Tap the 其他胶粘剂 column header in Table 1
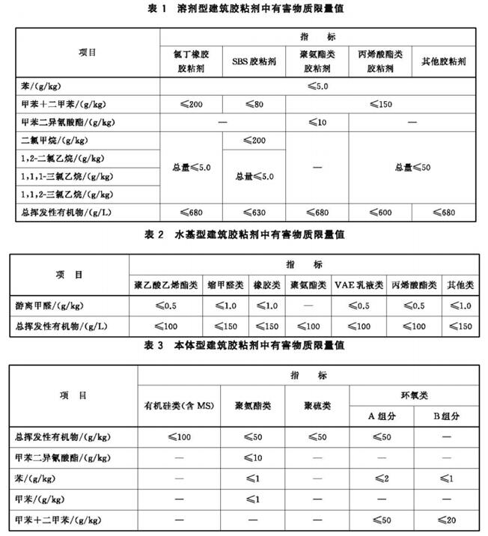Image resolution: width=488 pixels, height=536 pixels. (445, 60)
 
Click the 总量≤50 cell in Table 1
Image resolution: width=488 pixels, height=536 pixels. (413, 167)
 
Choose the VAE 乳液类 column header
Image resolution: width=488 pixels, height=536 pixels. (359, 285)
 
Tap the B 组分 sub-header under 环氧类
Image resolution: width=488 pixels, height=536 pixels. (445, 416)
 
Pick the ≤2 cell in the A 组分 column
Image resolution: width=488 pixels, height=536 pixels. (382, 476)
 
